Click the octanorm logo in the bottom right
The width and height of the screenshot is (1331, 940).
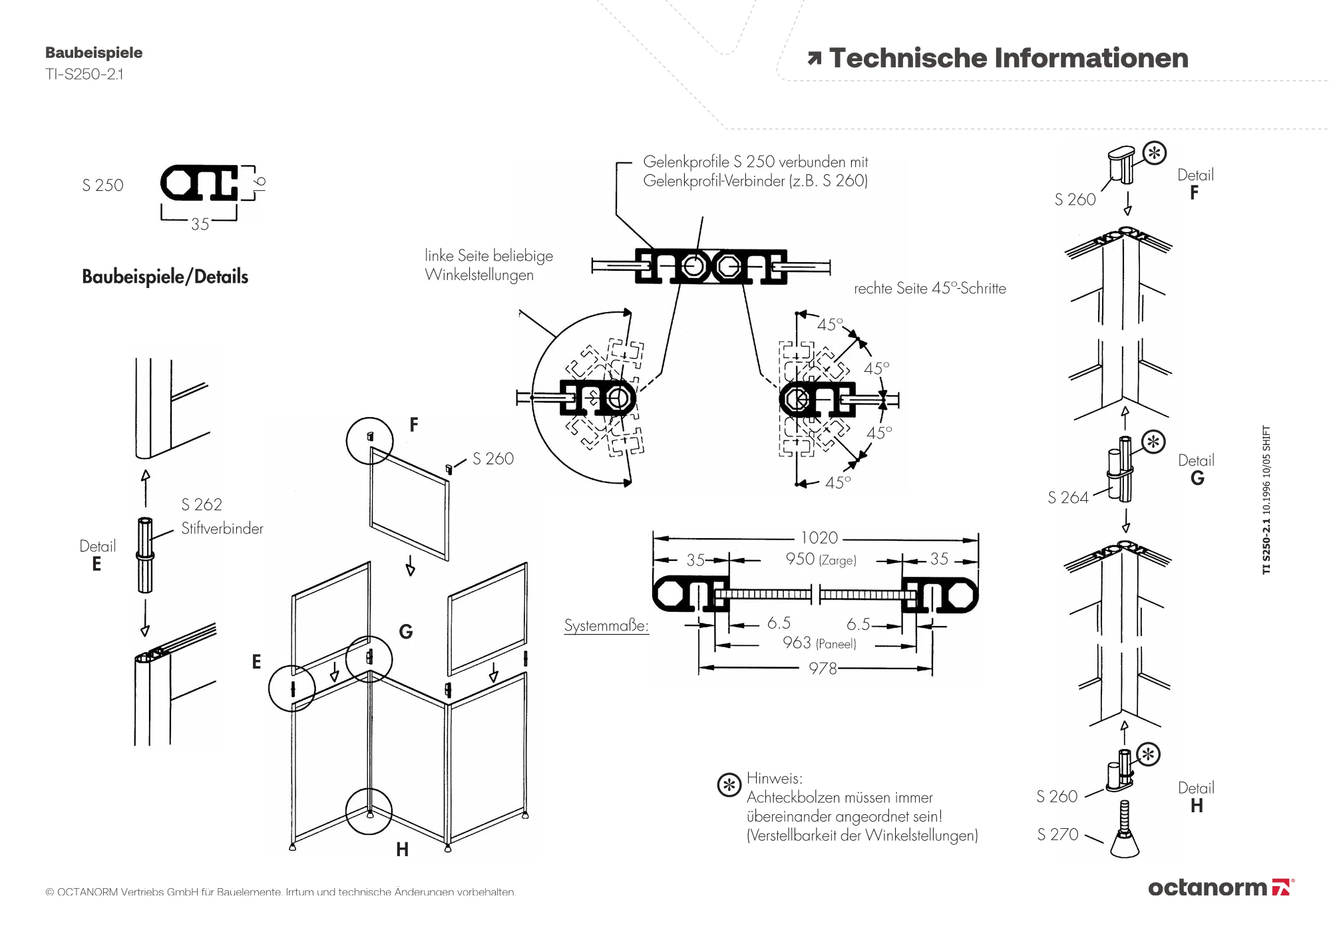point(1221,887)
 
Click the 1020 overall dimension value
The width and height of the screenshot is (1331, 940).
point(819,538)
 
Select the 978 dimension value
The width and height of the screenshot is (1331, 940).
point(823,668)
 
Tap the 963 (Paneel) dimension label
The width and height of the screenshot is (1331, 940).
point(819,643)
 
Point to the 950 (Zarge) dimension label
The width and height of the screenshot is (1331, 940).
point(821,559)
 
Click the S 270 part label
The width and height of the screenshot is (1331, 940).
point(1057,834)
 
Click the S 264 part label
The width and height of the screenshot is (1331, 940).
point(1067,498)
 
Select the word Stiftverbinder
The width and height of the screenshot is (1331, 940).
point(222,529)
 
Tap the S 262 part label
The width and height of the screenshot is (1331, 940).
point(202,505)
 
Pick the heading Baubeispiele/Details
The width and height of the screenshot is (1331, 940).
point(165,277)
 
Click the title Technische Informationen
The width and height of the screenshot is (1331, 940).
point(1008,59)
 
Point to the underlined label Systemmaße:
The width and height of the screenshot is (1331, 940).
point(606,626)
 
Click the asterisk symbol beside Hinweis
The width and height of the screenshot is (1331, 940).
point(729,786)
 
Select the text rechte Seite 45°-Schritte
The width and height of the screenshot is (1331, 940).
point(930,289)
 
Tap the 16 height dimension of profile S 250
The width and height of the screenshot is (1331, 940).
point(260,182)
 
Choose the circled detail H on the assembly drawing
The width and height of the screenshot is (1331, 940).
point(369,812)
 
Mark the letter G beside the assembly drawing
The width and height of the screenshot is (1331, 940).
point(405,631)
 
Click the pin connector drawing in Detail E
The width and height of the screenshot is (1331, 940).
point(145,554)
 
